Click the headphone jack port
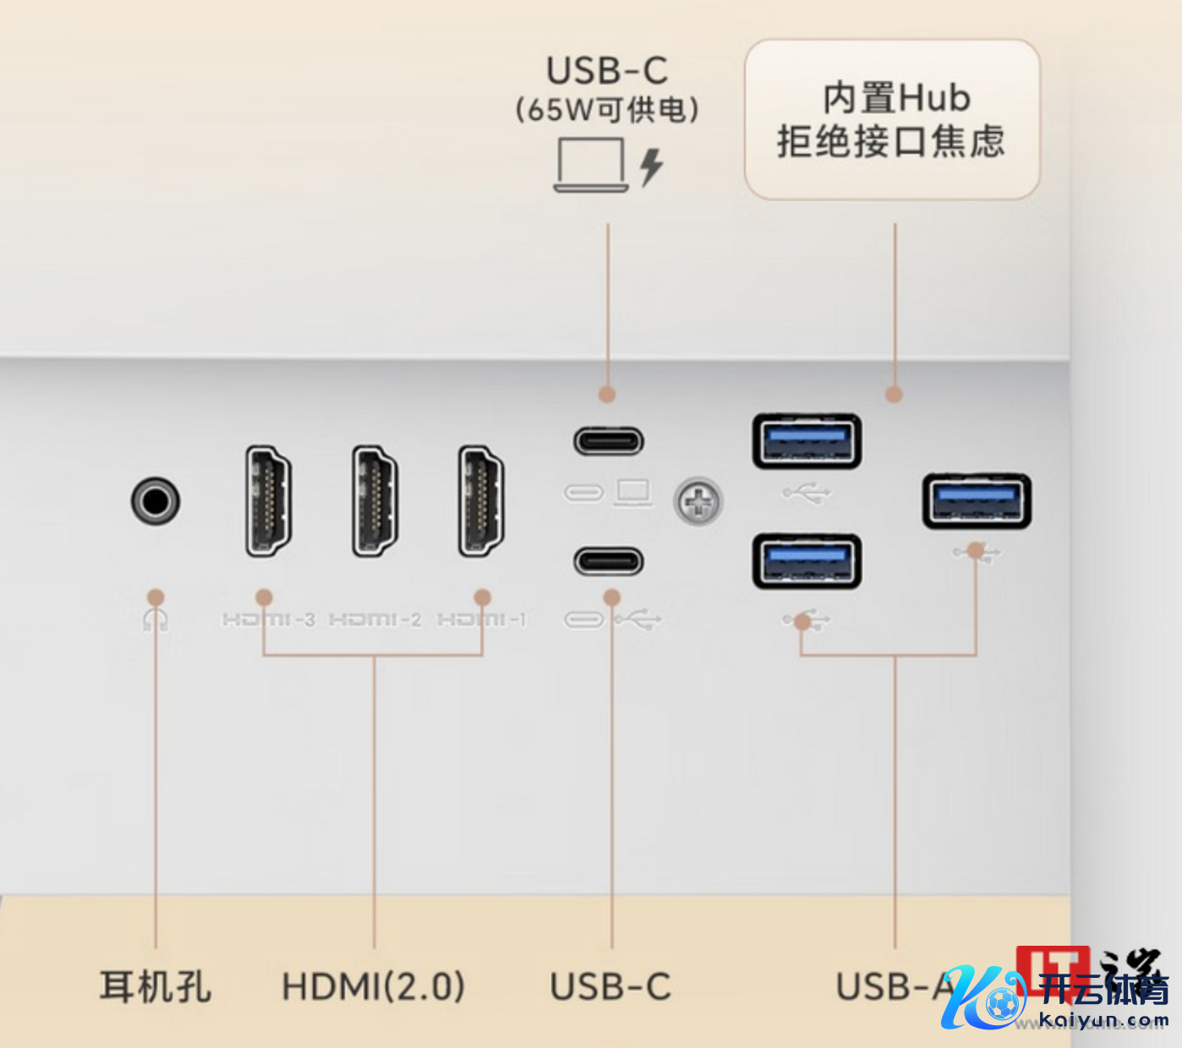[156, 501]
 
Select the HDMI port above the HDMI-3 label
[268, 501]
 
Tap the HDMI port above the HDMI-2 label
[375, 501]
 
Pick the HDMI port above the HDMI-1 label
[481, 501]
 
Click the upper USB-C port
[609, 441]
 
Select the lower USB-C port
[609, 561]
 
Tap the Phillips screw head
[698, 502]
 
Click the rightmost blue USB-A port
[977, 501]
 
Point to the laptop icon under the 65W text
[590, 164]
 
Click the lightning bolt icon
[650, 166]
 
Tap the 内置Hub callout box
[891, 119]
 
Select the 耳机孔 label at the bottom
[156, 986]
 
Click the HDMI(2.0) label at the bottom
[373, 986]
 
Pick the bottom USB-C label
[610, 986]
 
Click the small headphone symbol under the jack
[156, 620]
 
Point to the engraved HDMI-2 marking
[375, 620]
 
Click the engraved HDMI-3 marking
[268, 620]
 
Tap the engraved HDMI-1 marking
[481, 620]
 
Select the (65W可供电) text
[607, 110]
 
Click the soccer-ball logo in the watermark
[1003, 1005]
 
